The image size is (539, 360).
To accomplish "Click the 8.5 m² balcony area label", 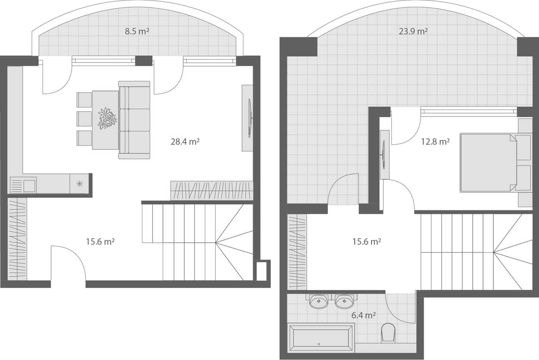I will pos(137,32).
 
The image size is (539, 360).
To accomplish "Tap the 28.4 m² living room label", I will pos(185,142).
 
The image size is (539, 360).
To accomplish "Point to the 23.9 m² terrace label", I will pos(413,31).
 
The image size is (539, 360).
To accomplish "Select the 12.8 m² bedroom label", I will pos(435,142).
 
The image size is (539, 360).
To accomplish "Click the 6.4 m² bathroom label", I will pos(364,316).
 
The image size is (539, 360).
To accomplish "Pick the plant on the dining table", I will pos(107,118).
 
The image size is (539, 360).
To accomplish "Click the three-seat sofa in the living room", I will pos(134,120).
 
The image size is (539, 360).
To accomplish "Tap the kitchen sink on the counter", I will pos(23,185).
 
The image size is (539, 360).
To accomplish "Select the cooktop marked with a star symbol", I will pos(80,183).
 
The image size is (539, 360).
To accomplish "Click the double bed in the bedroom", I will pos(487,162).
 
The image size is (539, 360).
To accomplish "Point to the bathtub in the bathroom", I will pos(321,338).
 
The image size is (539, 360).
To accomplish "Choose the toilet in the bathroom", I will pos(388,332).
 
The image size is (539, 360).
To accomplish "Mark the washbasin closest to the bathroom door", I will pos(345,301).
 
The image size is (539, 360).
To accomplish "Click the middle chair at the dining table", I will pos(84,119).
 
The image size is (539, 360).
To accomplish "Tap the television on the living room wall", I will pos(248,118).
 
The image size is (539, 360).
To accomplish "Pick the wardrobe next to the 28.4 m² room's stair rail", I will pos(212,191).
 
